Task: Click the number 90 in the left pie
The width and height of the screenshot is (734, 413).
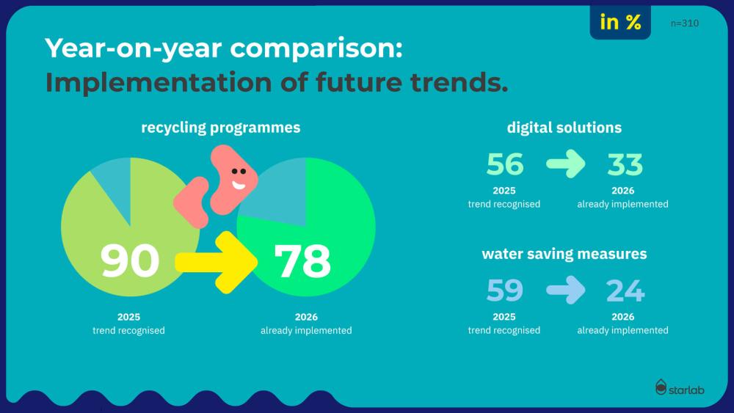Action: pyautogui.click(x=130, y=260)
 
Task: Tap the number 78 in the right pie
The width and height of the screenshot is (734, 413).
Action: pyautogui.click(x=302, y=260)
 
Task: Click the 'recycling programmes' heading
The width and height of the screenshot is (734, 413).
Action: pyautogui.click(x=221, y=128)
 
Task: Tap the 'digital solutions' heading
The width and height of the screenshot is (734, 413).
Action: pyautogui.click(x=564, y=128)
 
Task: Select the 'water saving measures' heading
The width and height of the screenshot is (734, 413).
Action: pyautogui.click(x=564, y=254)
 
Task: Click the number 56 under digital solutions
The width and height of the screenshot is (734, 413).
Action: pyautogui.click(x=505, y=165)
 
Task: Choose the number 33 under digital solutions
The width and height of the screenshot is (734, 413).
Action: pyautogui.click(x=625, y=165)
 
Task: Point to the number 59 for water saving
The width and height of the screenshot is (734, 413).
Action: pyautogui.click(x=505, y=291)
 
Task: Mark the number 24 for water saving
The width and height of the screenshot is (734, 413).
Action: pyautogui.click(x=625, y=291)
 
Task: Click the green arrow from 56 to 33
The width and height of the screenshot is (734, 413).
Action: pyautogui.click(x=566, y=165)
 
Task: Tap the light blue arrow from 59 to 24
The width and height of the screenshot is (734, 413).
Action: pyautogui.click(x=566, y=291)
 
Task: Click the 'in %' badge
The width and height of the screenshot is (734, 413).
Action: pyautogui.click(x=620, y=23)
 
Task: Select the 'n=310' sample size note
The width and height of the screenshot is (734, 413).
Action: pyautogui.click(x=685, y=23)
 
